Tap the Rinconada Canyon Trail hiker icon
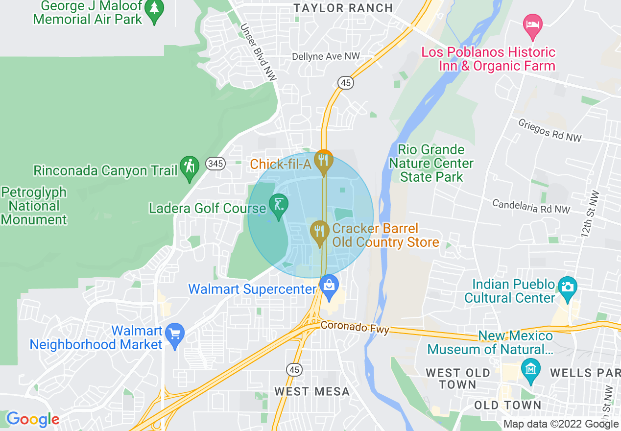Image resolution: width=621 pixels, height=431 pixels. [x=189, y=167]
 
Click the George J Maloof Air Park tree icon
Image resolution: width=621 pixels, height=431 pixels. [x=155, y=10]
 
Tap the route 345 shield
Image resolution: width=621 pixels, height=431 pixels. [x=215, y=164]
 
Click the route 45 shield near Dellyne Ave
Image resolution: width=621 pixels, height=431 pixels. [x=346, y=83]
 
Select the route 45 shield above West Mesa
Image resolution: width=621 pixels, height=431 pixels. [x=294, y=370]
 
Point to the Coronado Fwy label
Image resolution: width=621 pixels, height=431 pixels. [x=355, y=327]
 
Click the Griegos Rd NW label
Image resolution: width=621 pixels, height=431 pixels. [x=550, y=130]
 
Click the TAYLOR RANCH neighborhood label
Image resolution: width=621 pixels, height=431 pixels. [x=343, y=8]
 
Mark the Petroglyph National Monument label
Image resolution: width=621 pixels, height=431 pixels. [x=34, y=206]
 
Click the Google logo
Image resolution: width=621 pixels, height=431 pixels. [x=32, y=419]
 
